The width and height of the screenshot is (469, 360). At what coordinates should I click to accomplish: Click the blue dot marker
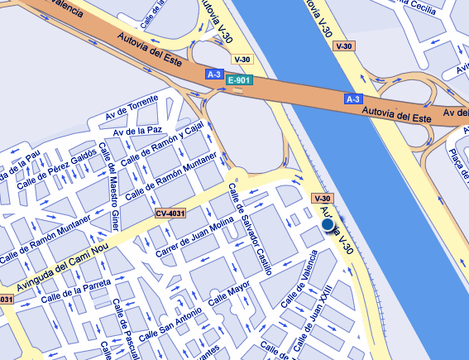point(328,224)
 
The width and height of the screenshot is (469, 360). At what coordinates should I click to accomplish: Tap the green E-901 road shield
point(238,80)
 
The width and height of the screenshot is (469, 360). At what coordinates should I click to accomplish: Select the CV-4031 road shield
point(169,214)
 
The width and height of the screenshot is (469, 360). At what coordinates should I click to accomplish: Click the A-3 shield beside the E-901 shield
point(214,74)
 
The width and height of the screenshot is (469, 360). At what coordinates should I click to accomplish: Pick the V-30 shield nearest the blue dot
point(323,199)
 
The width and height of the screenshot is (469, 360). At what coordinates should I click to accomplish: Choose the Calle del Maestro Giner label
point(107,186)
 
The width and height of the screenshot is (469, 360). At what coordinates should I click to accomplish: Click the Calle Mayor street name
point(229,295)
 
